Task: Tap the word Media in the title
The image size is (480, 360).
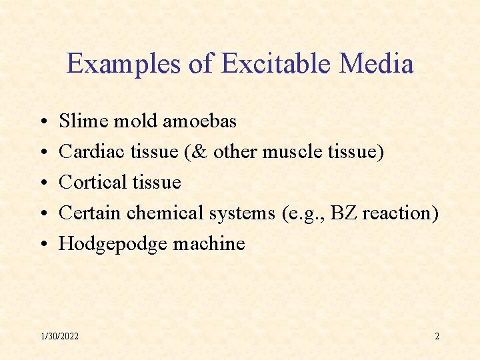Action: click(376, 64)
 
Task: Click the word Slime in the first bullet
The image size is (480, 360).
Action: click(82, 121)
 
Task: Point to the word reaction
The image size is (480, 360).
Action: click(399, 213)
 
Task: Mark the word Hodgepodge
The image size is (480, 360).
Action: click(113, 245)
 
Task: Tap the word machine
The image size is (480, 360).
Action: click(209, 244)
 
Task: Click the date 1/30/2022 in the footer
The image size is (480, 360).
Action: click(59, 336)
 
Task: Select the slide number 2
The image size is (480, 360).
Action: click(437, 336)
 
